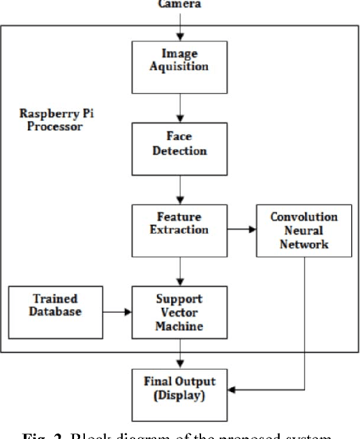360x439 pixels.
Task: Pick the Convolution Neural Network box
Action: (x=304, y=231)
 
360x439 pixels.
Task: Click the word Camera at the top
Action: (x=179, y=4)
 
